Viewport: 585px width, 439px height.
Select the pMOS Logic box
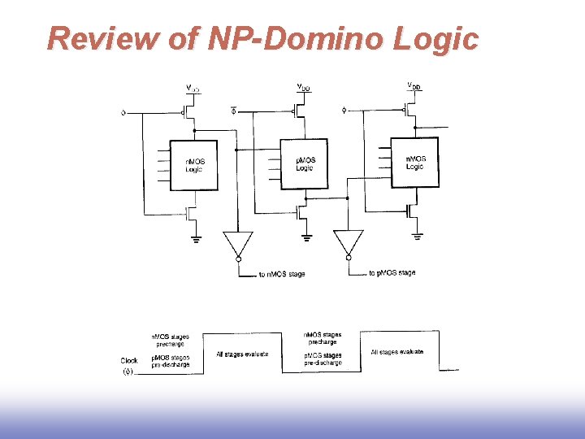point(305,164)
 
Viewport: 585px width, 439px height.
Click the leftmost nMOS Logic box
point(193,165)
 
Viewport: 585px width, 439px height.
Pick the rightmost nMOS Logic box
point(414,162)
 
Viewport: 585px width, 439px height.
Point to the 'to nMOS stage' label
point(281,274)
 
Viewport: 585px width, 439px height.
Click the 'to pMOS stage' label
point(392,273)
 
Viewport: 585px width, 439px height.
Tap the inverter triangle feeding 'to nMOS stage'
point(238,244)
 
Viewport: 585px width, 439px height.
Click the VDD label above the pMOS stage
point(302,86)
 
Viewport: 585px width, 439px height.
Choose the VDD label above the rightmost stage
point(414,85)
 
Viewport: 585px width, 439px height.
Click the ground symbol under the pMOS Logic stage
point(306,238)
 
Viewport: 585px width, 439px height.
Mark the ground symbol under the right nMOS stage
point(417,237)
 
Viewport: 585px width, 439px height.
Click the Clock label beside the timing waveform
point(129,360)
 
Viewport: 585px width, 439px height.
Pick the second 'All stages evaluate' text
point(396,352)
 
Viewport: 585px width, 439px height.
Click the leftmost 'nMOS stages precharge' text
point(168,340)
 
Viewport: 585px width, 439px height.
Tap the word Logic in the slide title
point(439,38)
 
